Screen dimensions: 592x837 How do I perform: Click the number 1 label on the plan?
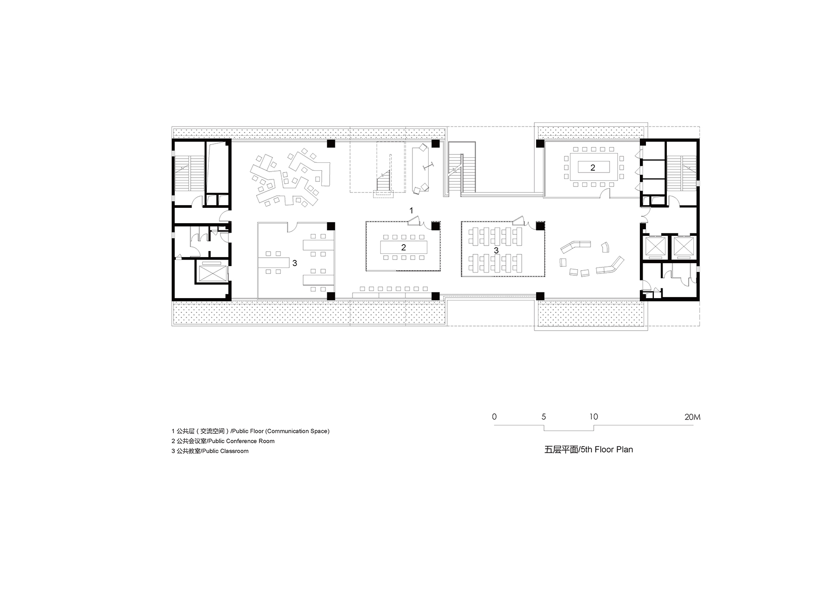point(411,211)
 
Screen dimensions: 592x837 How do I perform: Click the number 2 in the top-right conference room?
point(592,168)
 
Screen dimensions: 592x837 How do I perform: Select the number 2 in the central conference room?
point(404,247)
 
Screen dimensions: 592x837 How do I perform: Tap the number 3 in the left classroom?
point(295,263)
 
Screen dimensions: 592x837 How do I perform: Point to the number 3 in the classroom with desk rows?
point(496,250)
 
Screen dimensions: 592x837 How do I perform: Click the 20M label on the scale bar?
point(692,417)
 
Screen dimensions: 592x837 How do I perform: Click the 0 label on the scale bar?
point(494,417)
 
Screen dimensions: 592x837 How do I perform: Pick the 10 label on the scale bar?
point(593,417)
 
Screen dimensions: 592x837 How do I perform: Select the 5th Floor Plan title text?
point(589,450)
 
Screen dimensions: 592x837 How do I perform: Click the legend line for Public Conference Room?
point(223,441)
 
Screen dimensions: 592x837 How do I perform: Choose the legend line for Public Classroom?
point(210,451)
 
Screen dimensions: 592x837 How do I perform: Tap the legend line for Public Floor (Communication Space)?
point(251,431)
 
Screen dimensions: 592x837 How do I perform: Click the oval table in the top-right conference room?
point(592,167)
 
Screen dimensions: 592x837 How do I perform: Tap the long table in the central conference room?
point(404,247)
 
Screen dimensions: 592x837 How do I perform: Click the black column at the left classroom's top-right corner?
point(331,226)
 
